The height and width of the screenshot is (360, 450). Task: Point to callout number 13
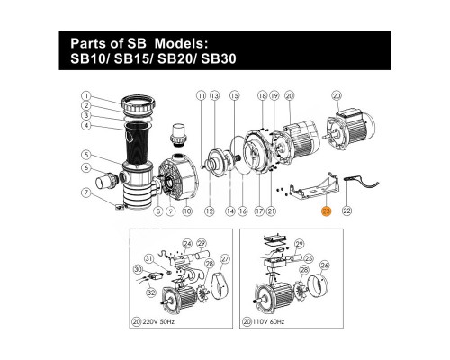[x=215, y=95]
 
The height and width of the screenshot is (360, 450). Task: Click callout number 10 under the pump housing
[x=187, y=211]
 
